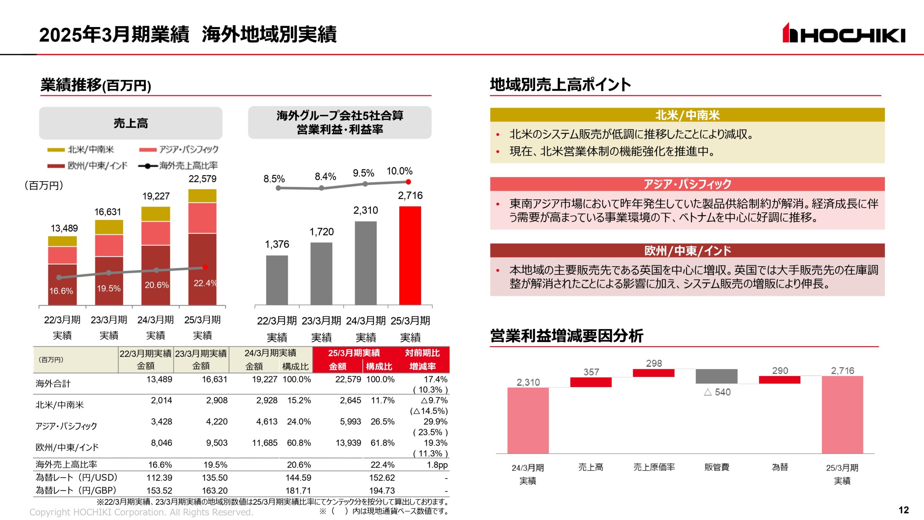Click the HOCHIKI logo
point(844,33)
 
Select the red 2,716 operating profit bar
point(410,255)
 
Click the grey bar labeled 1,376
point(277,280)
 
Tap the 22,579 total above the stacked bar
point(202,179)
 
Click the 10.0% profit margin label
point(399,171)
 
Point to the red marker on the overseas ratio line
point(205,267)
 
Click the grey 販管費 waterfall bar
point(716,376)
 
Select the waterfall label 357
point(591,372)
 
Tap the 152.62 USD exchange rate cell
point(382,478)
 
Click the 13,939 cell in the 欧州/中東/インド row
point(348,443)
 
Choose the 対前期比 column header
point(422,353)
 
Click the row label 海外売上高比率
point(66,464)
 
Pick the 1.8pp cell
point(437,465)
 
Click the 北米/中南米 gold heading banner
point(687,115)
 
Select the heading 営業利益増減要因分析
point(567,335)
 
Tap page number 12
point(903,510)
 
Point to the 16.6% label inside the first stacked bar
point(61,291)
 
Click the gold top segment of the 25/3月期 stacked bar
point(202,196)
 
